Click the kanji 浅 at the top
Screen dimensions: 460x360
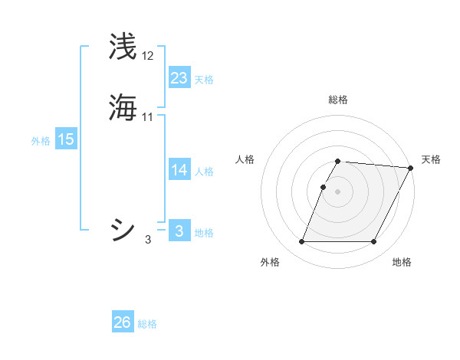pos(123,47)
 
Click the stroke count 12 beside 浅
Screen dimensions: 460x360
pos(148,56)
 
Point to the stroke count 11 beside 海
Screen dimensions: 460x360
pos(148,117)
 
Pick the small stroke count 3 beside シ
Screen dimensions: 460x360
pos(148,240)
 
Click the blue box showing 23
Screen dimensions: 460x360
pos(179,78)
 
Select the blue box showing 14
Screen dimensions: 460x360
pos(179,170)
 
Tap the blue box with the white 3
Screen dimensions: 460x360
pos(179,231)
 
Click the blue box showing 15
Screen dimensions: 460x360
pos(66,139)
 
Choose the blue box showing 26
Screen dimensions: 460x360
pos(123,322)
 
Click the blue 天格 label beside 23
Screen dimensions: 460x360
pos(204,80)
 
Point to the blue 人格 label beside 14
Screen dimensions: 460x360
pos(204,172)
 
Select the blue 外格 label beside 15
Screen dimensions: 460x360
pos(41,141)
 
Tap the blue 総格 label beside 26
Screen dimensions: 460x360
pos(147,324)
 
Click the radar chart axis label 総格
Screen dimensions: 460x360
pos(338,100)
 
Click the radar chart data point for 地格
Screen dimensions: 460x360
pos(374,242)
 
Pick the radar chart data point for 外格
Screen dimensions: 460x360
pos(301,242)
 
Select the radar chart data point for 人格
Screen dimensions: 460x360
pos(324,187)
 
